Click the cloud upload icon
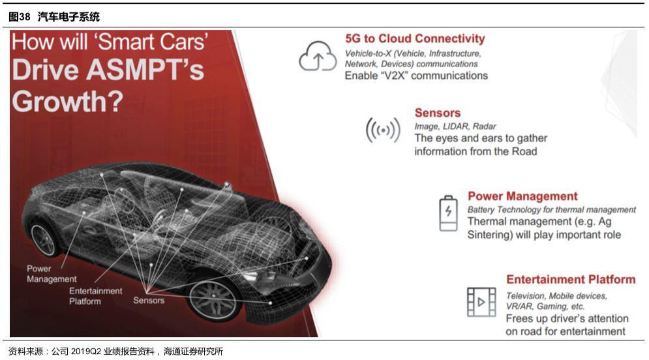coord(318,56)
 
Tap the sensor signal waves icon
coord(384,130)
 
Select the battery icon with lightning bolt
coord(448,213)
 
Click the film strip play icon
coord(481,302)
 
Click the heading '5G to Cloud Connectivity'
coord(415,38)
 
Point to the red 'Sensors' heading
coord(438,113)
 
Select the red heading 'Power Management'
coord(522,196)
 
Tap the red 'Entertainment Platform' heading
coord(571,279)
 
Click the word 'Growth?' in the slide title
coord(68,101)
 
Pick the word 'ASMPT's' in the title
coord(145,69)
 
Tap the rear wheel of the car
coord(43,240)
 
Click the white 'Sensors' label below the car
coord(149,301)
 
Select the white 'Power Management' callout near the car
coord(52,273)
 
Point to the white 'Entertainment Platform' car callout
coord(96,296)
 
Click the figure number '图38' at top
coord(20,16)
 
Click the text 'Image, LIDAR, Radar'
coord(455,127)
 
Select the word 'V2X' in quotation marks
coord(392,76)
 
